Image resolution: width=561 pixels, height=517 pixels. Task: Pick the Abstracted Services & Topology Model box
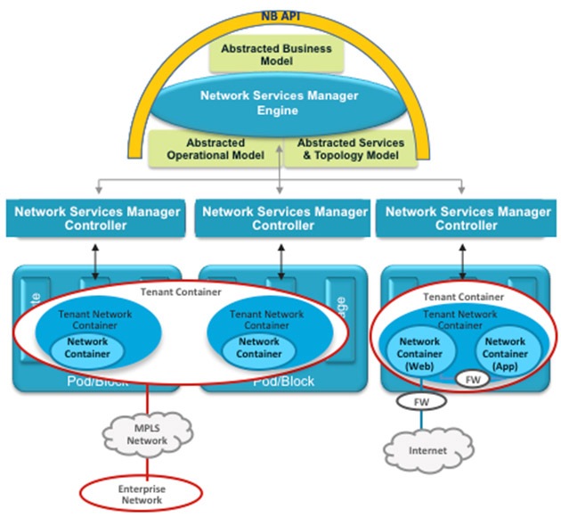coord(350,149)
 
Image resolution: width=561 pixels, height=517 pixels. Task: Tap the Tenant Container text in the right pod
coord(463,297)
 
